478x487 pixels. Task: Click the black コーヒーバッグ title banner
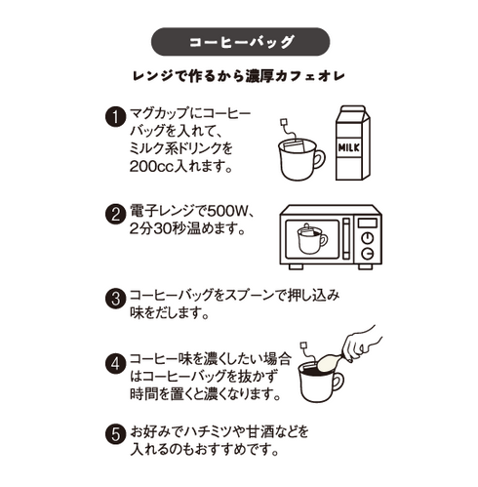tap(239, 44)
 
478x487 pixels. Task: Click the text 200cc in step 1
tap(152, 167)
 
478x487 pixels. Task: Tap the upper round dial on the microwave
tap(368, 223)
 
